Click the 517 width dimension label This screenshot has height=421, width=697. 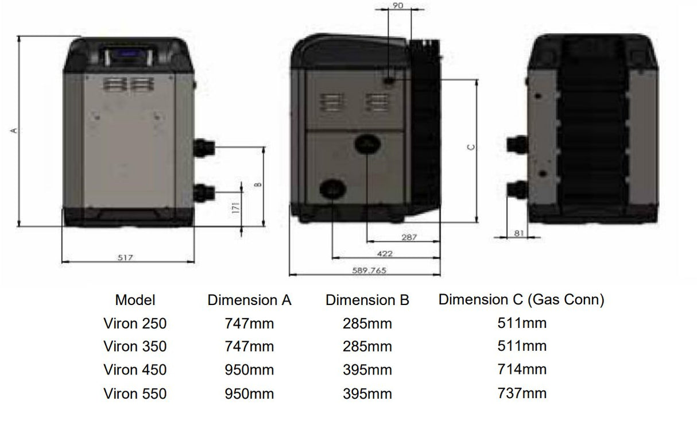125,257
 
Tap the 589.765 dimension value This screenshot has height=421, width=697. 369,271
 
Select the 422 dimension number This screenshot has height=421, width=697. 385,254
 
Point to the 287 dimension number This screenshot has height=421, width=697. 409,237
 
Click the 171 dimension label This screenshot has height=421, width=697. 236,208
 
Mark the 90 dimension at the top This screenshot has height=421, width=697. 398,5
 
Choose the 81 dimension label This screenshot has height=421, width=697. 519,233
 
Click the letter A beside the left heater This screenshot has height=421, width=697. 14,131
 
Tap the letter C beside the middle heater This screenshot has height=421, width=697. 471,147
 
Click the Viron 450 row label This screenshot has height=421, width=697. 135,370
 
